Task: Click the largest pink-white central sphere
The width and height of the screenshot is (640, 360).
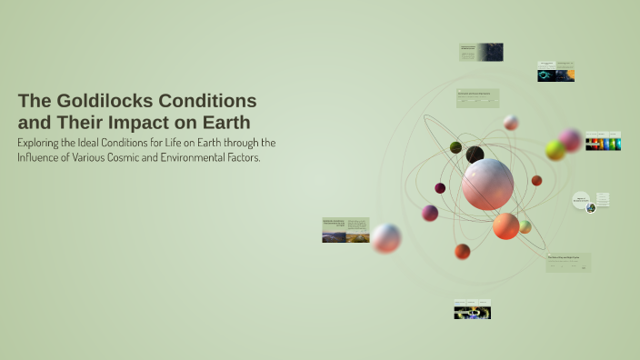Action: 487,184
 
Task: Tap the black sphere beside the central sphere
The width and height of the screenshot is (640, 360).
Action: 475,155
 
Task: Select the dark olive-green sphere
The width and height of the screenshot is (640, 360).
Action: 455,147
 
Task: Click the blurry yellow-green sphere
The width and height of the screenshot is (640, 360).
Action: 555,151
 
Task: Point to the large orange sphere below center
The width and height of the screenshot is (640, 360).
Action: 506,225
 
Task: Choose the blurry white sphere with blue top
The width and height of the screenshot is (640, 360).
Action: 386,238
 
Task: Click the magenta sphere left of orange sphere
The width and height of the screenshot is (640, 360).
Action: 430,213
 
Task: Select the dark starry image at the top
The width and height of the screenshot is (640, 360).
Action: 490,52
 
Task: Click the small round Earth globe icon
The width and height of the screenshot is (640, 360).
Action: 591,208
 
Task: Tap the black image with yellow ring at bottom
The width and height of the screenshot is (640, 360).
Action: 473,313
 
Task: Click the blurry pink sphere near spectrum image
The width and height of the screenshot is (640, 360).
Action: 571,139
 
